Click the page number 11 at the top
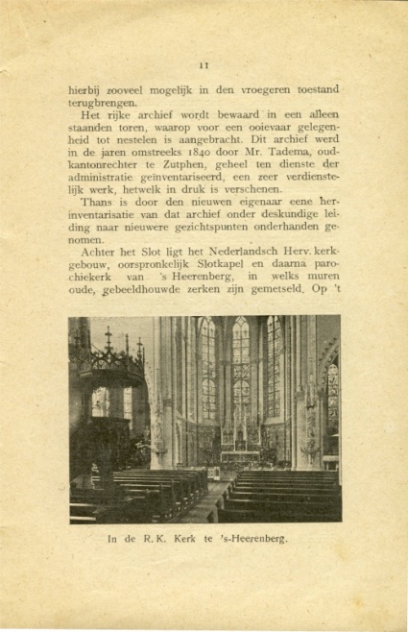pyautogui.click(x=204, y=65)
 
